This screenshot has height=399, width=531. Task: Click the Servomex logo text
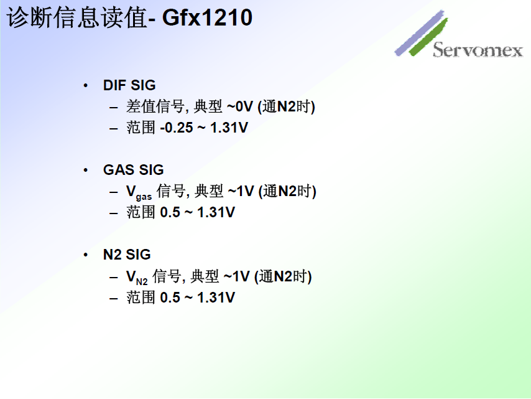point(478,50)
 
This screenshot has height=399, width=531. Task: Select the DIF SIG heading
point(129,85)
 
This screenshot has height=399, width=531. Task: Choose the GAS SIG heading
point(133,170)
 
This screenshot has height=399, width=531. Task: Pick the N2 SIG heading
point(127,255)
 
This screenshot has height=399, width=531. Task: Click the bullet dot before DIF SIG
point(86,85)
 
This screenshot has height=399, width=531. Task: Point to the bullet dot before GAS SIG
point(86,170)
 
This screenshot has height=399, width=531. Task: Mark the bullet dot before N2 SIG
point(86,255)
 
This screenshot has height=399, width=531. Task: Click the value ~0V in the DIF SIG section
point(240,107)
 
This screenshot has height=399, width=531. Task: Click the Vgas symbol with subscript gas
point(138,192)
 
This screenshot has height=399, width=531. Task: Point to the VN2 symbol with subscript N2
point(137,277)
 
